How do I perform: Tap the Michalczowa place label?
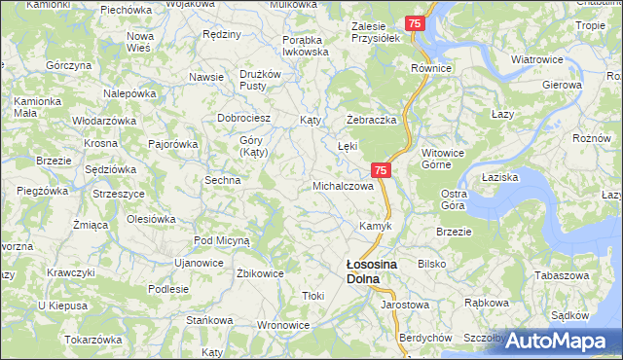343,185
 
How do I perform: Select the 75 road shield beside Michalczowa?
382,170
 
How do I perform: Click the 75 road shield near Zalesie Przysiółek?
416,22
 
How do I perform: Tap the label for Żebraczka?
371,119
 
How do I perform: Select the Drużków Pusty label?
260,80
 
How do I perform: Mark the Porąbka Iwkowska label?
306,46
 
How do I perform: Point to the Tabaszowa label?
563,274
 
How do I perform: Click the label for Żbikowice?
260,273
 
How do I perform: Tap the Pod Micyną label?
222,239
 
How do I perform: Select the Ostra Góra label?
454,199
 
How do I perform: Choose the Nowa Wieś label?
140,42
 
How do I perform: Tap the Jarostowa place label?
405,305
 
